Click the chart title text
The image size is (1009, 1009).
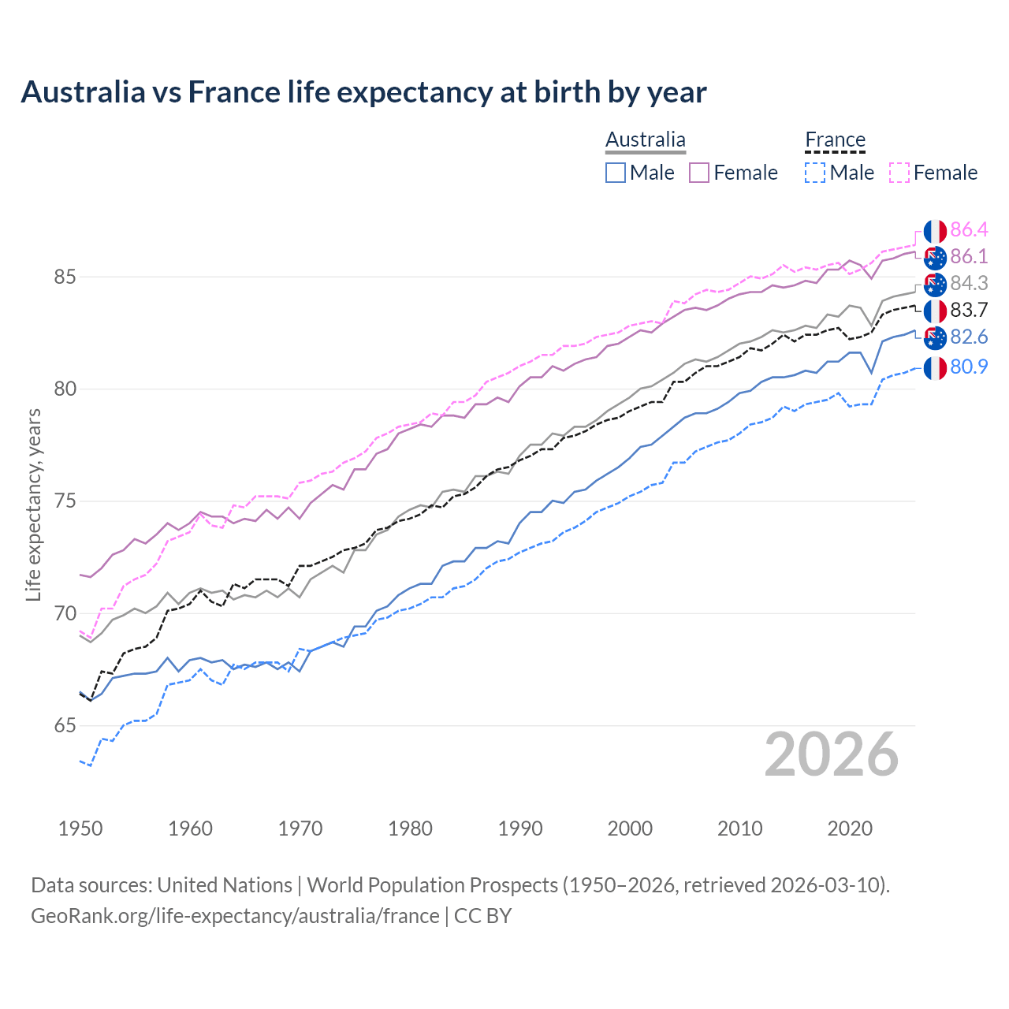(363, 92)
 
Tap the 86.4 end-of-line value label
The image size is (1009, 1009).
(969, 229)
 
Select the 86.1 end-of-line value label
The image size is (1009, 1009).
(969, 256)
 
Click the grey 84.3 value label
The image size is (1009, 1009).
(969, 283)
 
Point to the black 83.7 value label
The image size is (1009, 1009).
(969, 310)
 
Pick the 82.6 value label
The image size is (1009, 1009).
(969, 337)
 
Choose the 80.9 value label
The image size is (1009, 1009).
(969, 367)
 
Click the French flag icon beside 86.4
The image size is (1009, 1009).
(935, 231)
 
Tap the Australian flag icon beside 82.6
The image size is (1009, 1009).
(935, 337)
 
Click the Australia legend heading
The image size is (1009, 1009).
(646, 140)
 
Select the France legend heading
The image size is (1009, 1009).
(835, 140)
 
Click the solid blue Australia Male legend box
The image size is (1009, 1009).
(616, 173)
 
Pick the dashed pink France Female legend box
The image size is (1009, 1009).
(899, 173)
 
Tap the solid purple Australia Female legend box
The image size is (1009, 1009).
(699, 173)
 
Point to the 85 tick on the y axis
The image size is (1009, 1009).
(65, 277)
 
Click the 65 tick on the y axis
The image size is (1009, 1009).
(65, 726)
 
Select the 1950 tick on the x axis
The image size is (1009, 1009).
(80, 828)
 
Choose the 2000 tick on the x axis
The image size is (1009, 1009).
(630, 828)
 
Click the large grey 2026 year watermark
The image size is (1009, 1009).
(831, 754)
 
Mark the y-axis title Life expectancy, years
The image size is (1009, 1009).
(34, 504)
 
